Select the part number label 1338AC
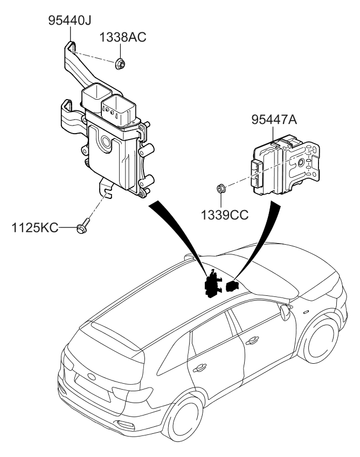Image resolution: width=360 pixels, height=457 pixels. click(x=122, y=37)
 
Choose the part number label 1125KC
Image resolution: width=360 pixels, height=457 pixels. click(x=34, y=228)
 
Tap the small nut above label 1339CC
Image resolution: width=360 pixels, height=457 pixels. click(x=220, y=189)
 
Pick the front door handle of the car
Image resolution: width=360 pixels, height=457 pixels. click(x=251, y=341)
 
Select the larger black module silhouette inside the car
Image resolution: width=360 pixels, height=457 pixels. click(x=212, y=285)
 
